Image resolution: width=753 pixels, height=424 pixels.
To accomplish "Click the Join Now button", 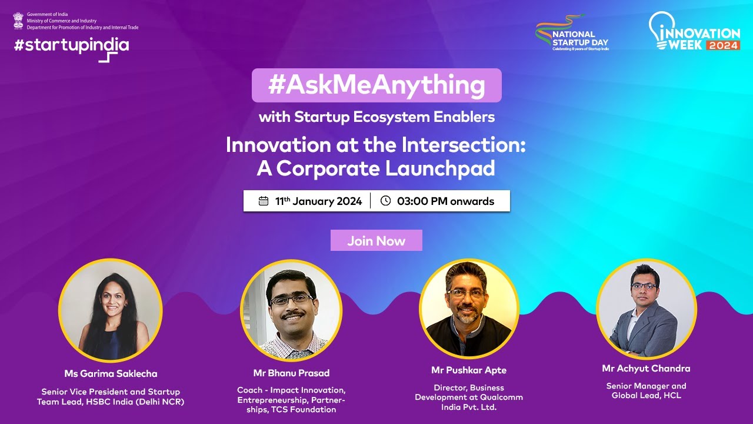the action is (x=376, y=240).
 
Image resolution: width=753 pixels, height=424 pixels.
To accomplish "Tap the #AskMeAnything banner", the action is (x=376, y=85).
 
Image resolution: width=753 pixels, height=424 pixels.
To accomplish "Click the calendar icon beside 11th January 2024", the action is (x=263, y=201).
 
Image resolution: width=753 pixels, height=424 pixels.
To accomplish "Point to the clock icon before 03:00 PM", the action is (x=385, y=201).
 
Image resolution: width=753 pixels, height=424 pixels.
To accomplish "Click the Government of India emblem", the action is (x=18, y=21).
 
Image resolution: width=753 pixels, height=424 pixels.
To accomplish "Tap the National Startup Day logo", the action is (x=572, y=33).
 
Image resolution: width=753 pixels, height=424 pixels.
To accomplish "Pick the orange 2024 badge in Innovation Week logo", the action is (x=723, y=45).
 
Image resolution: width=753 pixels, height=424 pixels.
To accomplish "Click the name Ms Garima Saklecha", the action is (x=111, y=373).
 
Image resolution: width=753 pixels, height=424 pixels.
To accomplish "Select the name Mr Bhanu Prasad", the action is (x=291, y=373).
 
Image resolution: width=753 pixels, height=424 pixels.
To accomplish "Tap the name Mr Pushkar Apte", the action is (x=469, y=370).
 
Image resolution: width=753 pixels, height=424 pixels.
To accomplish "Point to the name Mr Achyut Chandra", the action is (x=646, y=369).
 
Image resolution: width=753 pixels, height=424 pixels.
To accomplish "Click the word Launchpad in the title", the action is (x=440, y=168).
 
